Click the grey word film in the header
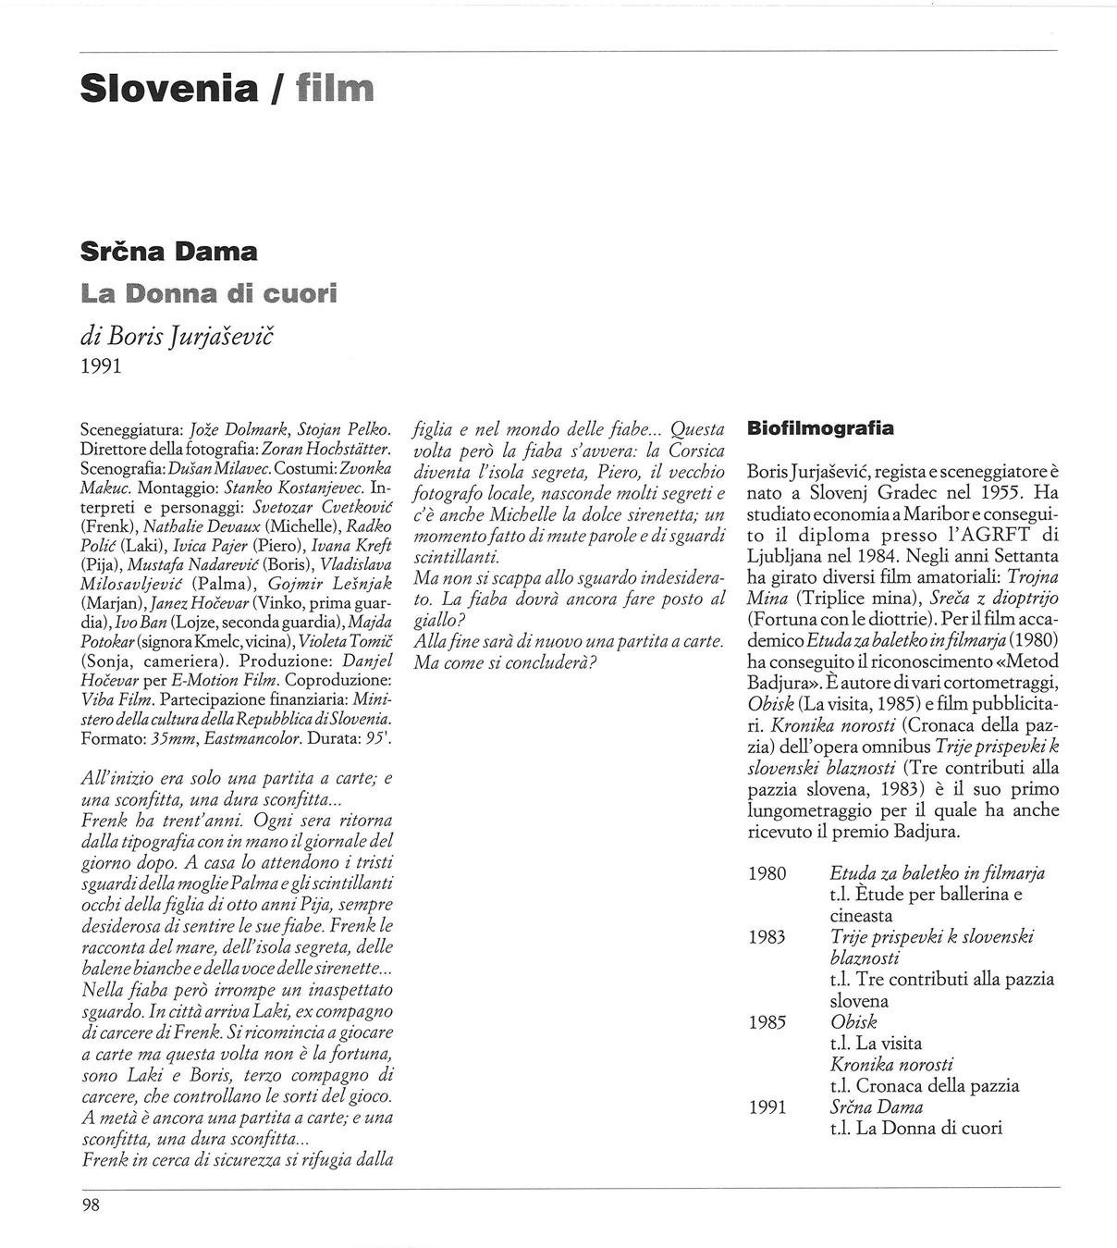coord(335,89)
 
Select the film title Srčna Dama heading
coord(169,252)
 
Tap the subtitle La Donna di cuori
coord(209,294)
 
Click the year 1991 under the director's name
coord(102,366)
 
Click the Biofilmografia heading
coord(820,428)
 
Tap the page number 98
coord(91,1205)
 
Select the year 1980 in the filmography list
coord(767,873)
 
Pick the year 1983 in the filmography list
coord(767,937)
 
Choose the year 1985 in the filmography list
coord(767,1022)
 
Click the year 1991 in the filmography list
coord(767,1107)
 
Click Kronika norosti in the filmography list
coord(891,1065)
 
